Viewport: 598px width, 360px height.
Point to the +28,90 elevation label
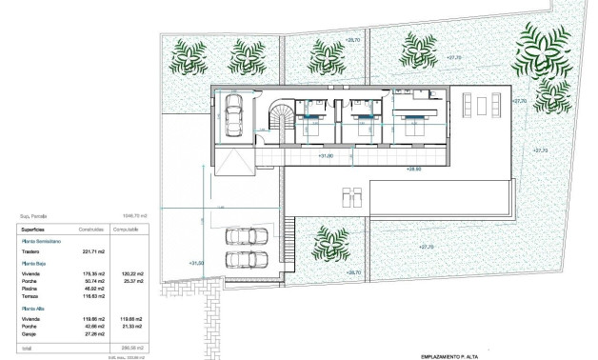[414, 169]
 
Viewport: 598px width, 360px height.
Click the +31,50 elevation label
[196, 263]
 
